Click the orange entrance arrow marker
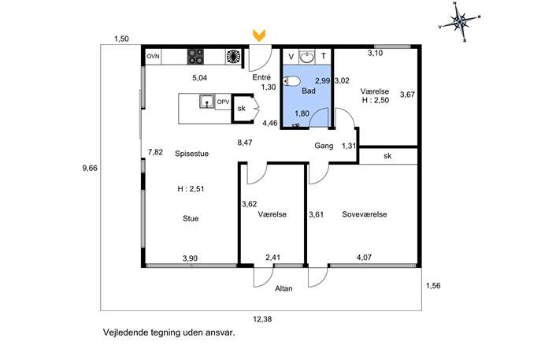click(259, 35)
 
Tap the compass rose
click(460, 22)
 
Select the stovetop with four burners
click(195, 57)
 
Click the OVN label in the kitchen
click(154, 56)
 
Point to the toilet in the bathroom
click(291, 81)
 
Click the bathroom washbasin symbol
click(307, 57)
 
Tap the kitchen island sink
click(207, 102)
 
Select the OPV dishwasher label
click(223, 102)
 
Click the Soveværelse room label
click(365, 214)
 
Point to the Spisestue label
click(192, 154)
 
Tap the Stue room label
click(191, 218)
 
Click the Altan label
click(283, 288)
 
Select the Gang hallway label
click(324, 146)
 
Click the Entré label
click(261, 78)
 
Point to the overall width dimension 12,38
click(262, 319)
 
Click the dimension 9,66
click(90, 169)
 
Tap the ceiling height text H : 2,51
click(191, 189)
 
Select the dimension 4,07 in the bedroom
click(364, 258)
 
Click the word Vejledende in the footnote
click(120, 332)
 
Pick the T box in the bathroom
click(324, 56)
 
